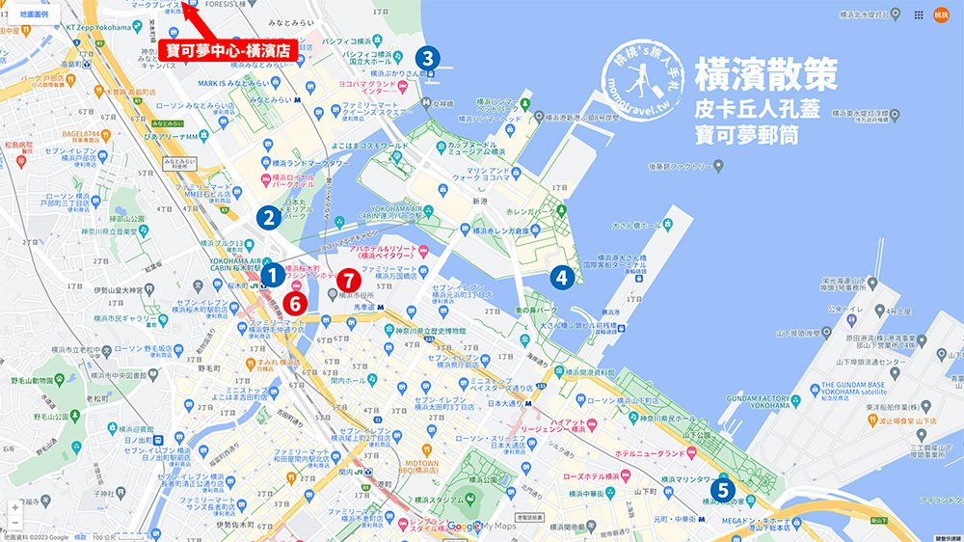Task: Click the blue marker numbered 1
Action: [x=273, y=276]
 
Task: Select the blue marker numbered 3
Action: [x=427, y=58]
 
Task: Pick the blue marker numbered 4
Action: [x=561, y=277]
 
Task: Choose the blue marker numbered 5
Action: [x=722, y=489]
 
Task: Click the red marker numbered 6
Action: [x=297, y=302]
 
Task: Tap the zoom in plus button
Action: [x=14, y=506]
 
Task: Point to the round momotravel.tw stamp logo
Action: [x=642, y=80]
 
